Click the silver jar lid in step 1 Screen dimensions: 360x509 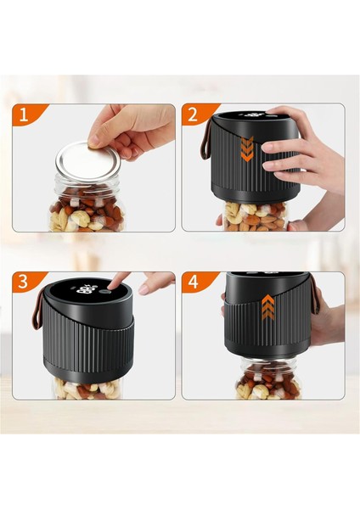(88, 160)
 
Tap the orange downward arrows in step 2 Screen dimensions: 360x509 (247, 149)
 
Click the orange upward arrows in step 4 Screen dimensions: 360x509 (267, 307)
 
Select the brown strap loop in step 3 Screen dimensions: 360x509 (37, 309)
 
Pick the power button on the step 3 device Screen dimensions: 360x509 (104, 292)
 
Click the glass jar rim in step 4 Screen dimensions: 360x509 (269, 361)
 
